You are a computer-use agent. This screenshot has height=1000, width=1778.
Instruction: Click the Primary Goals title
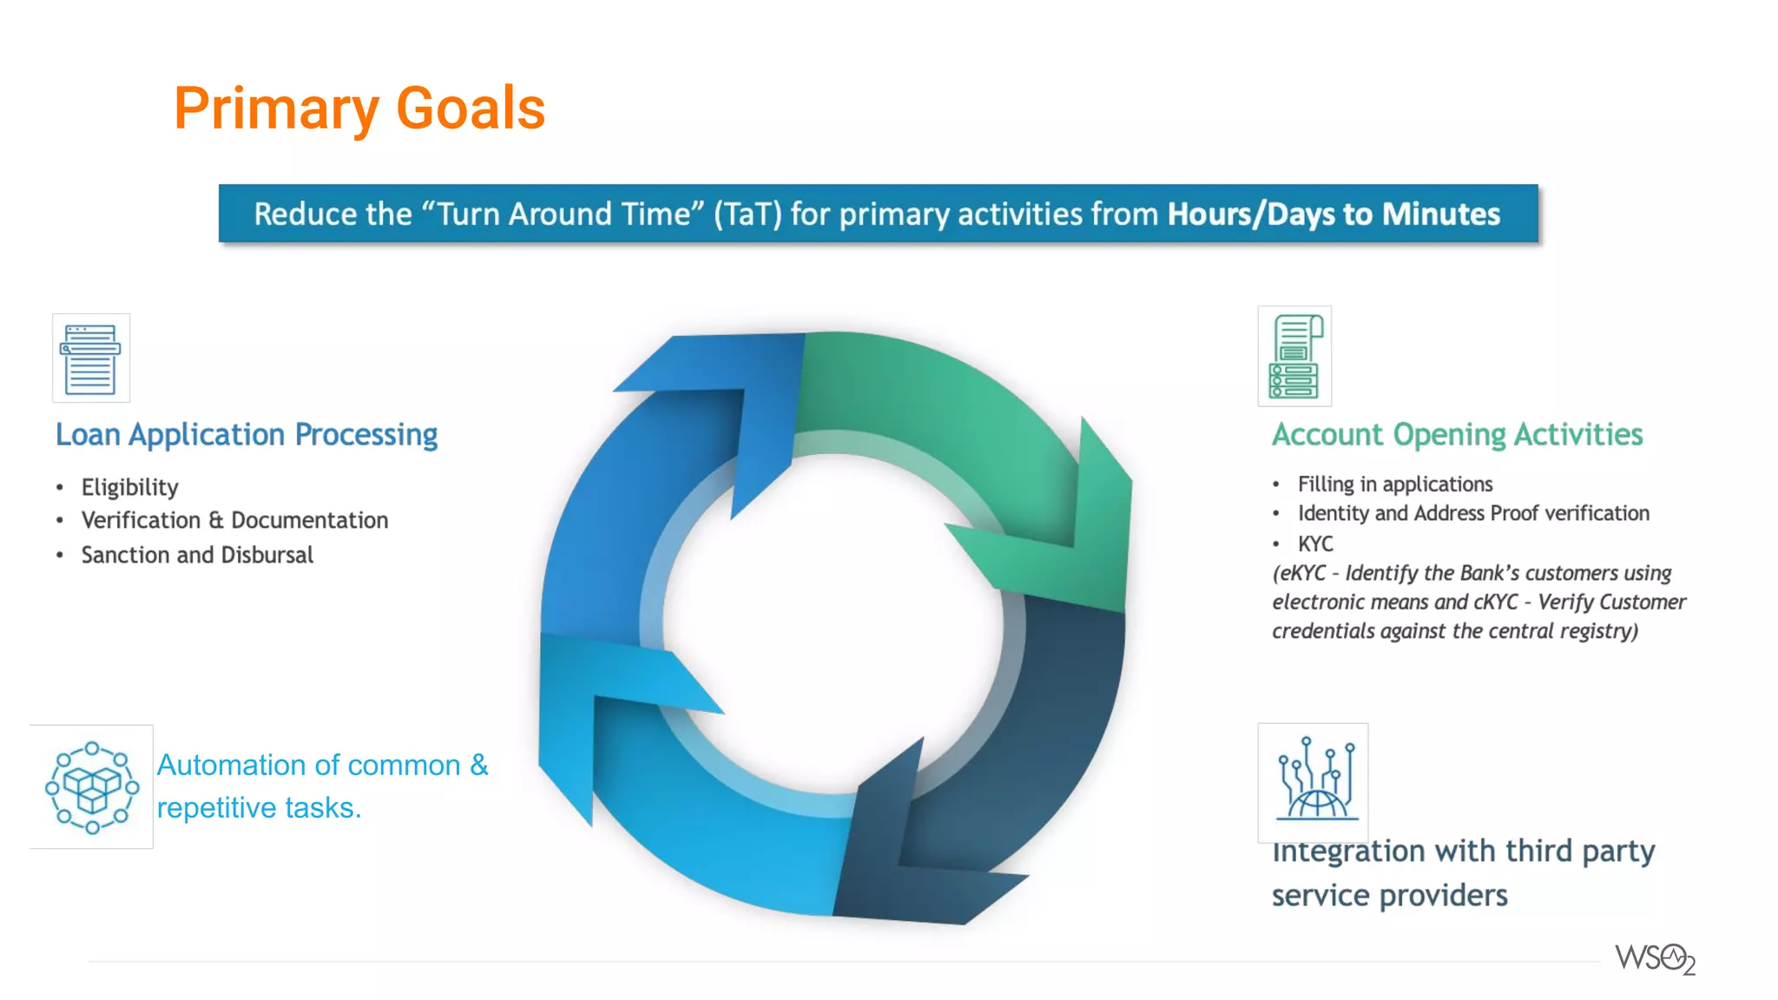359,109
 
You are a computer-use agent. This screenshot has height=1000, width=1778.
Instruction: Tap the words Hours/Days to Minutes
1333,214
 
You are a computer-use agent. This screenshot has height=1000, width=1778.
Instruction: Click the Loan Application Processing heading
247,435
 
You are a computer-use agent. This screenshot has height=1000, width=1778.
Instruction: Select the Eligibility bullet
130,487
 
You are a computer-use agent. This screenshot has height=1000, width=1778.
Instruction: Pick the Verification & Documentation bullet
234,520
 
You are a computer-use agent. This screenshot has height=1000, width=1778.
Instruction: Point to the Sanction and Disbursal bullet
197,555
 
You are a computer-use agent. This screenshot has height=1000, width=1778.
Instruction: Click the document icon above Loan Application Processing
90,358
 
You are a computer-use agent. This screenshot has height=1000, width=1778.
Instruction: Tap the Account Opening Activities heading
1457,435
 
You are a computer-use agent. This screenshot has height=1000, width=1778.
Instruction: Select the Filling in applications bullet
1394,484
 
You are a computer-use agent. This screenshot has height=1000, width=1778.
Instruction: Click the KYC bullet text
1315,544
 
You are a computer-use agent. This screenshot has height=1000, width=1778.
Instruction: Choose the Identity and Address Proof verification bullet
1472,514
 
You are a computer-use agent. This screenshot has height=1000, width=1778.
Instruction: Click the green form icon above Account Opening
1294,356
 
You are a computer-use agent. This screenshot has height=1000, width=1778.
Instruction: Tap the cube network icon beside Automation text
91,786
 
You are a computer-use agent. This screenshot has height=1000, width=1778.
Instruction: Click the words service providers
1389,896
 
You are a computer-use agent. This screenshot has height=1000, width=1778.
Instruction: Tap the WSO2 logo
1655,959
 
